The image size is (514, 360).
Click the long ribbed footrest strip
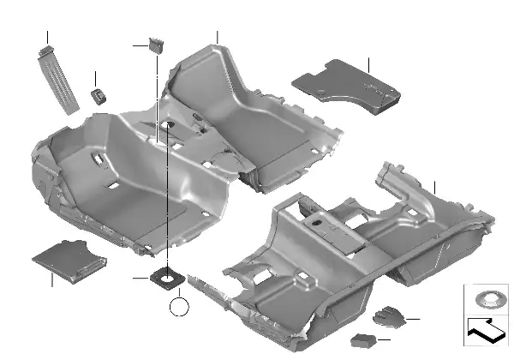tap(57, 80)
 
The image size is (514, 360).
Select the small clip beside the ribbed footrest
tap(99, 94)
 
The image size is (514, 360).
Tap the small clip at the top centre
tap(156, 45)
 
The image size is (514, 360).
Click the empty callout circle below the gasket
tap(178, 306)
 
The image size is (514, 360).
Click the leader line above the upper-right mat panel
tap(368, 64)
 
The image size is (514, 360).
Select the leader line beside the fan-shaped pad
tap(412, 320)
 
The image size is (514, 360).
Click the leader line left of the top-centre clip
tap(140, 45)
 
